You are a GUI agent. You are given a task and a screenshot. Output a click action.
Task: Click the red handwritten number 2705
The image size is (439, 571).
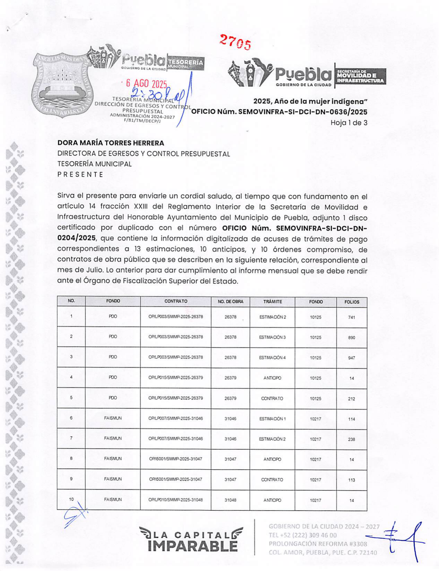pos(235,42)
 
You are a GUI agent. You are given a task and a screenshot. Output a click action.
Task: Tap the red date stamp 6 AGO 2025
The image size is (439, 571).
pos(147,84)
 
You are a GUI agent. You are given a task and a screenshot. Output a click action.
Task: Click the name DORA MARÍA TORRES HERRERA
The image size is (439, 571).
pos(111,143)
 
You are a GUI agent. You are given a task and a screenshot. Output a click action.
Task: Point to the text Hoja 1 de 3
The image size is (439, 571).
pos(349,123)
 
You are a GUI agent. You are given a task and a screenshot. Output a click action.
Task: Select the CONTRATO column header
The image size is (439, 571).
pos(176,301)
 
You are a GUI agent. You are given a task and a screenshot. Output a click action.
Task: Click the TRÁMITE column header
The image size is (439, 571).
pos(272,302)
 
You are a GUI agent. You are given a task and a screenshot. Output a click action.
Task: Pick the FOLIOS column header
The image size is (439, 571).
pos(352,302)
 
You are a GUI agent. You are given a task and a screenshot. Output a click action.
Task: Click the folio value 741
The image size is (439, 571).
pos(352,317)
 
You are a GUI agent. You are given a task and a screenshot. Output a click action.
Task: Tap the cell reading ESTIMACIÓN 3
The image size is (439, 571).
pos(272,337)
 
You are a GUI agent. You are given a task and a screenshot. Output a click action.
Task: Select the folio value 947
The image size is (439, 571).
pos(352,358)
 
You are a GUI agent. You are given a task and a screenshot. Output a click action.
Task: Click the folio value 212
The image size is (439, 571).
pos(352,399)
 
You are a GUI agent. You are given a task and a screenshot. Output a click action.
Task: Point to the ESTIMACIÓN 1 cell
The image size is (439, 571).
pos(272,419)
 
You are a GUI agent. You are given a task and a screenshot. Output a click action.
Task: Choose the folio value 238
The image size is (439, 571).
pos(352,439)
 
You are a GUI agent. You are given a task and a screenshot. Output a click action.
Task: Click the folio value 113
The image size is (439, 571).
pos(352,480)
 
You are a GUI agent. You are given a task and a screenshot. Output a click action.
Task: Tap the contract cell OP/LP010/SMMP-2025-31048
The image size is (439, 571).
pos(176,500)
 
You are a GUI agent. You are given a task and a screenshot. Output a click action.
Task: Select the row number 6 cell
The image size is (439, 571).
pos(71,418)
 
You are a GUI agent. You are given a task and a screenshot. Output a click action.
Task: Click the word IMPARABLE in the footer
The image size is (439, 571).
pos(193,546)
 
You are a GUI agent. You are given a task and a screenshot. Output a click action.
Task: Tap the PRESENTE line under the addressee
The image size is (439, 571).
pos(80,174)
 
